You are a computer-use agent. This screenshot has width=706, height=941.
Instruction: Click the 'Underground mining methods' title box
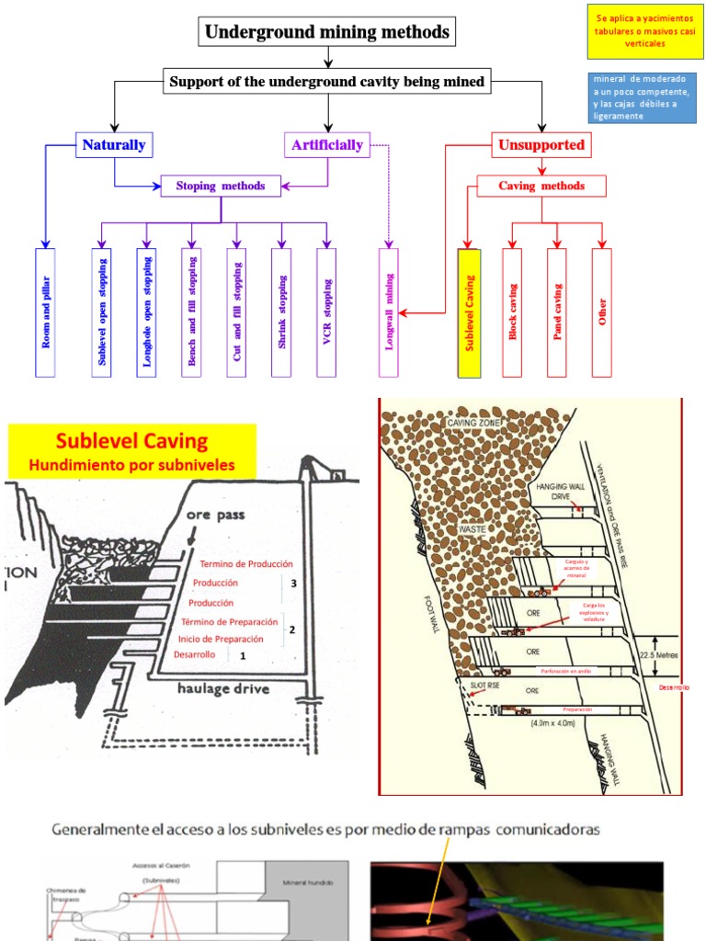[x=327, y=33]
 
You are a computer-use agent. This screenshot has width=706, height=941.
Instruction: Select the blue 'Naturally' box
[x=114, y=145]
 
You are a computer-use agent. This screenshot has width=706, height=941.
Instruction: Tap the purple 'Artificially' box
[x=327, y=145]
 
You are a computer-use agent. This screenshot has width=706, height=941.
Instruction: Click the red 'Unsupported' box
[x=541, y=145]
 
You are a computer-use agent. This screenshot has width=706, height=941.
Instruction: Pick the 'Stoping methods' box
[x=221, y=187]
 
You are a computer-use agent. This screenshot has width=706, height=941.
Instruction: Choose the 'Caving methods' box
[x=541, y=187]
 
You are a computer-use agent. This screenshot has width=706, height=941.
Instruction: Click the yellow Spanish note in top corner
[x=643, y=29]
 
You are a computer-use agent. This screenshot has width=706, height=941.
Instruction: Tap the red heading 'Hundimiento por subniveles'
[x=131, y=466]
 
